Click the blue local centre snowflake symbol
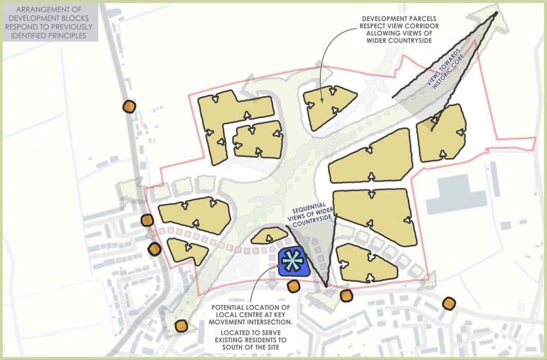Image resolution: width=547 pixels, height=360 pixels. click(294, 262)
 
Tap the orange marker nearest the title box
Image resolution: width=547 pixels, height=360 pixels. click(129, 106)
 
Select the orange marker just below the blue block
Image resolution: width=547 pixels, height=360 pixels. click(293, 286)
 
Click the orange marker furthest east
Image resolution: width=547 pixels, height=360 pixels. click(449, 304)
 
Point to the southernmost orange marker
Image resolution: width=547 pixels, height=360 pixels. click(181, 326)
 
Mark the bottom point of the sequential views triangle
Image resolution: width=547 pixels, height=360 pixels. click(326, 286)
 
